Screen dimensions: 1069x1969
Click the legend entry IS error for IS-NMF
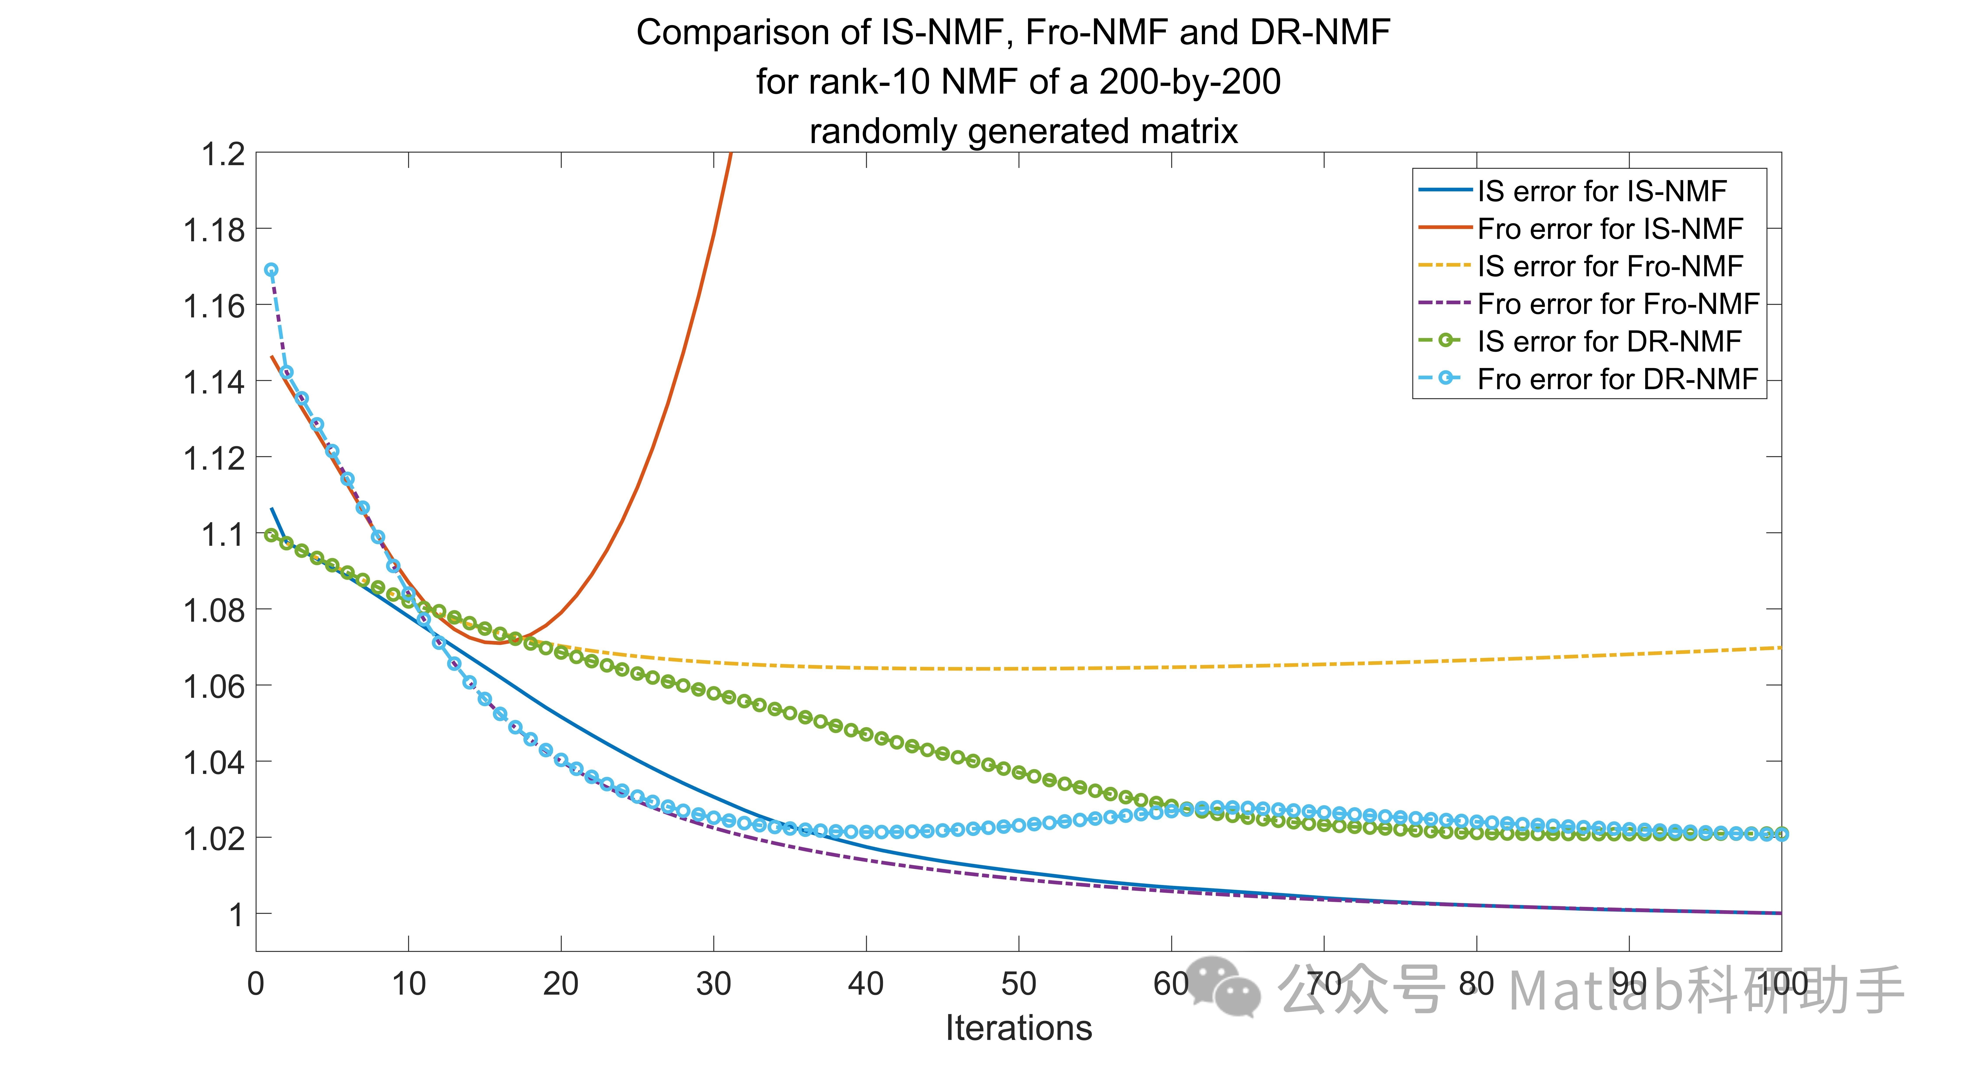click(x=1601, y=191)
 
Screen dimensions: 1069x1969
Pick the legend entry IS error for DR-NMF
click(x=1609, y=341)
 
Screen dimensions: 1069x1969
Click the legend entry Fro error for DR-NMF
click(x=1617, y=379)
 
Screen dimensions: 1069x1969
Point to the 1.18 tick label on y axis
click(x=214, y=230)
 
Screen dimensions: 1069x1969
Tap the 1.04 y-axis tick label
click(x=214, y=763)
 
